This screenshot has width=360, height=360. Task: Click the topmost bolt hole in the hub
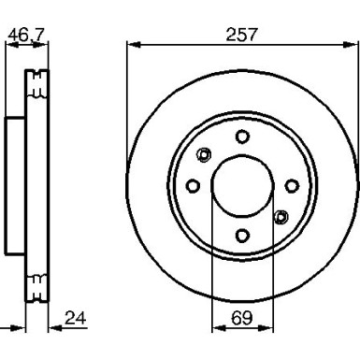242,137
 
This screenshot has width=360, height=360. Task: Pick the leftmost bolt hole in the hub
193,185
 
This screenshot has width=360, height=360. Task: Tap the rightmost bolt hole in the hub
291,185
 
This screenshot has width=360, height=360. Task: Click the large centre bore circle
242,185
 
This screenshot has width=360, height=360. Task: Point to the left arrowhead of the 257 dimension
131,44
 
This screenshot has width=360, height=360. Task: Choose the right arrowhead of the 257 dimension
353,44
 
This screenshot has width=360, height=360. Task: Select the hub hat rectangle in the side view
14,185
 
